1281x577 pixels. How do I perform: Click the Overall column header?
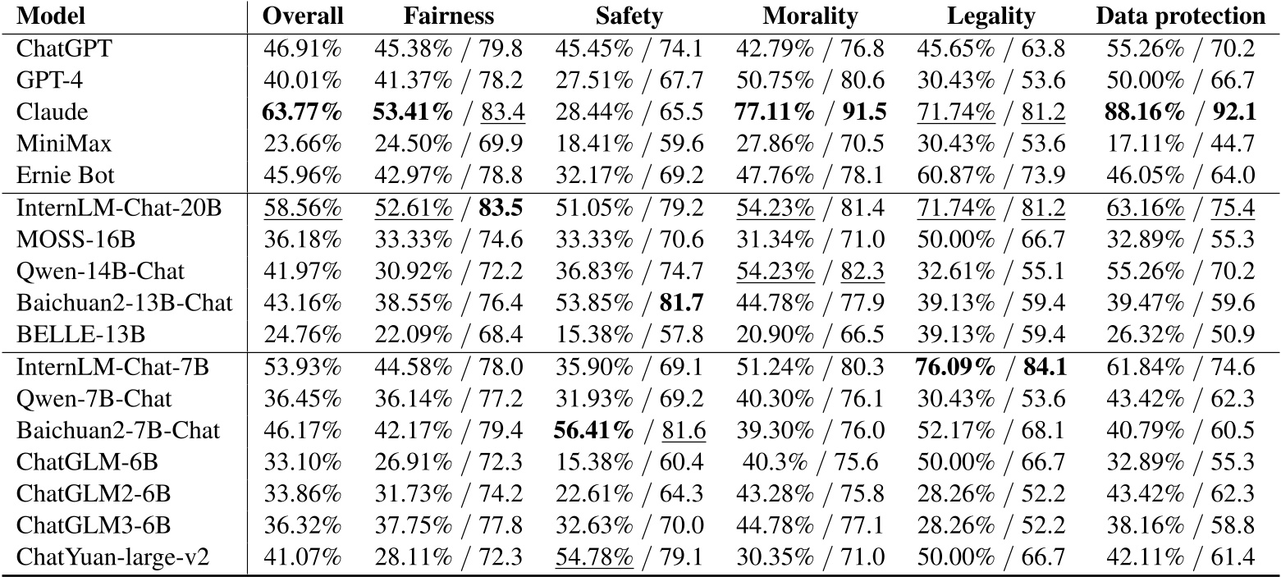[x=302, y=16]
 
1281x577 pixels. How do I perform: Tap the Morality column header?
[x=809, y=16]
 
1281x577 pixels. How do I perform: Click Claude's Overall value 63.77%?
[x=302, y=112]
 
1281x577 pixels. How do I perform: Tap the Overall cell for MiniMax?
[x=302, y=144]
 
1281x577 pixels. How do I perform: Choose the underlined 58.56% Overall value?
[x=302, y=208]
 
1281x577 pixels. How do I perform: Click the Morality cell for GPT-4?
[x=809, y=80]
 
